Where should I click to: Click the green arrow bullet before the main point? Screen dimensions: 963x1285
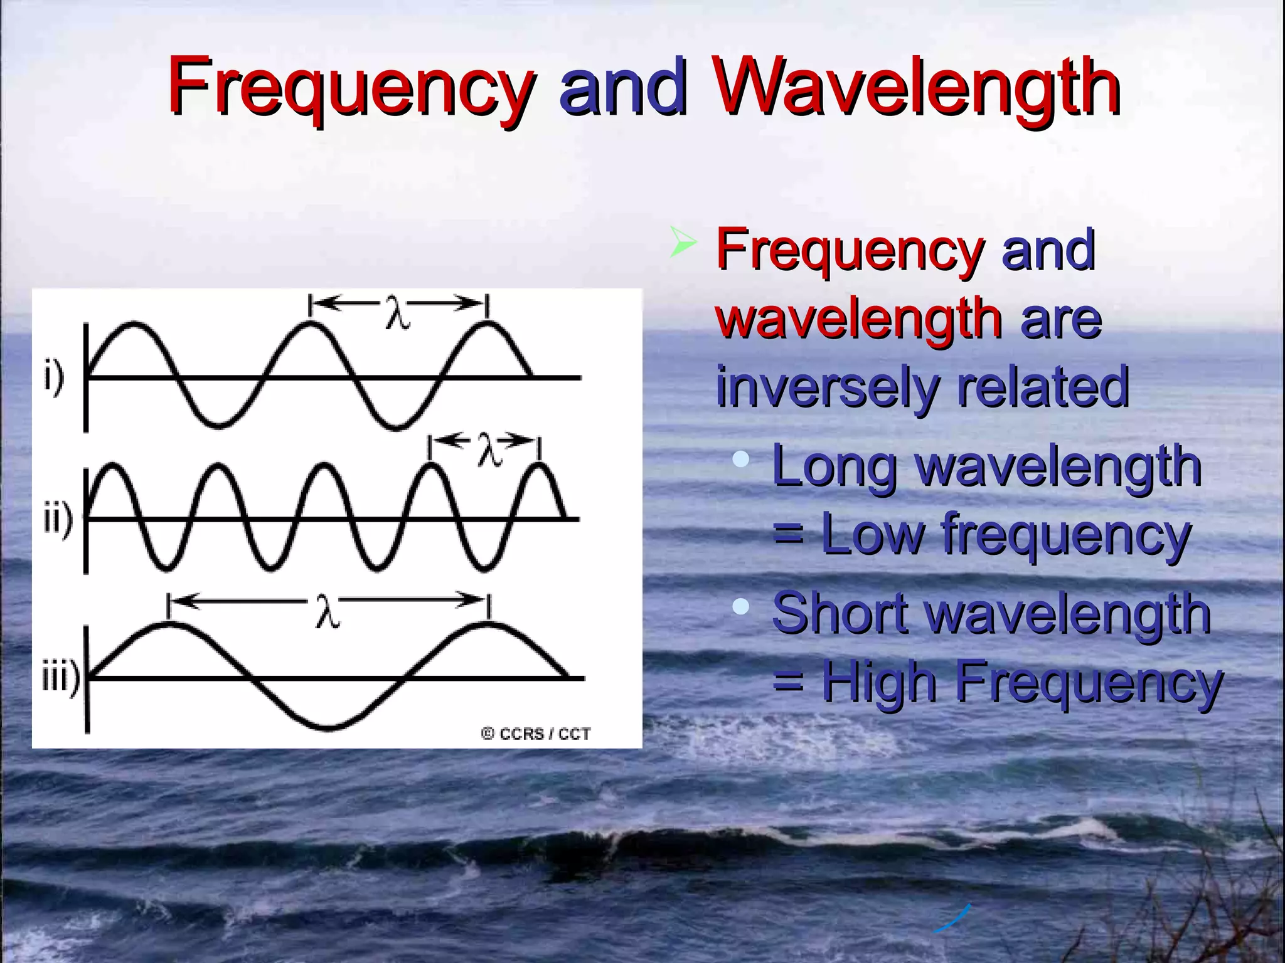click(682, 242)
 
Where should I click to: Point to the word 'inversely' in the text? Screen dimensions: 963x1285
click(826, 387)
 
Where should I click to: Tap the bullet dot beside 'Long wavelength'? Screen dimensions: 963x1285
click(741, 459)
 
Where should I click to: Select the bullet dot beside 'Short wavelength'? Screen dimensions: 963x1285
click(741, 606)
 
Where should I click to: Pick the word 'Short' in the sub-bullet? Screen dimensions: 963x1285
click(839, 613)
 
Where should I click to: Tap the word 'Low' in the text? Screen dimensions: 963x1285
click(872, 534)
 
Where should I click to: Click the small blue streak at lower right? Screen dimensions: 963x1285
click(952, 919)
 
